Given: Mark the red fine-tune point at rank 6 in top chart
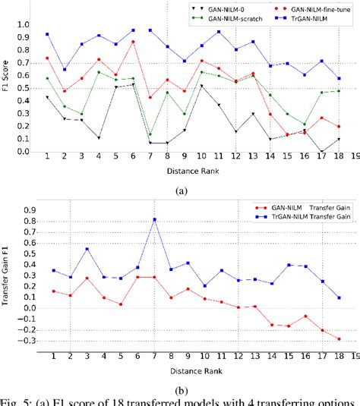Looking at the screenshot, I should click(x=133, y=42).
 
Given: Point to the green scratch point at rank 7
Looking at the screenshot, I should click(x=150, y=134).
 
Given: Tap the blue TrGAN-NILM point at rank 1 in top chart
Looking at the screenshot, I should click(x=47, y=34).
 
